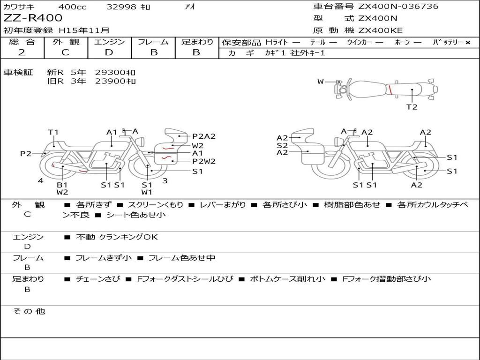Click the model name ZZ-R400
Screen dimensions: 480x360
(33, 18)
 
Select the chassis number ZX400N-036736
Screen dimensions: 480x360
(398, 6)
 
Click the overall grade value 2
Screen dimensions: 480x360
(22, 52)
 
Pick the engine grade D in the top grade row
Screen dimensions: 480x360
(109, 52)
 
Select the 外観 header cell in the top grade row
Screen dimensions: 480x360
(66, 42)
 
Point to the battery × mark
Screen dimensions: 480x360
(468, 43)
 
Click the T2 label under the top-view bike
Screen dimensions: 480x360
(412, 107)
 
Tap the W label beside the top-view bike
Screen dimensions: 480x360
(321, 82)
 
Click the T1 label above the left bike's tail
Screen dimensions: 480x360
(53, 132)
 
